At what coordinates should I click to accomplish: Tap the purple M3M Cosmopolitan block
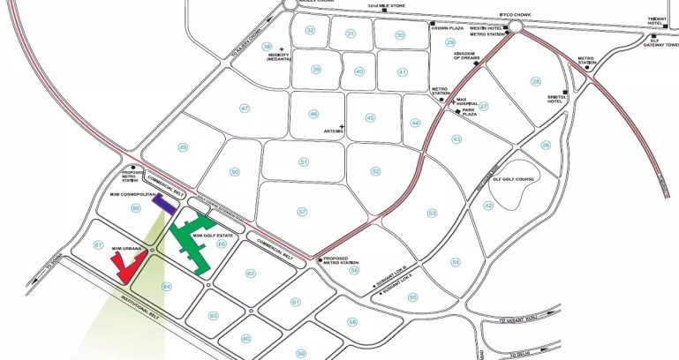[162, 205]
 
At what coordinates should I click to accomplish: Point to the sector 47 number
[245, 108]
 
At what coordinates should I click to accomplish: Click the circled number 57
[302, 212]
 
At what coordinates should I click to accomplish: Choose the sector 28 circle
[535, 82]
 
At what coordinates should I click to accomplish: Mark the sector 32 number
[310, 31]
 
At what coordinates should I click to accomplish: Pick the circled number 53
[433, 213]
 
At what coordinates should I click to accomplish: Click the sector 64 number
[167, 285]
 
